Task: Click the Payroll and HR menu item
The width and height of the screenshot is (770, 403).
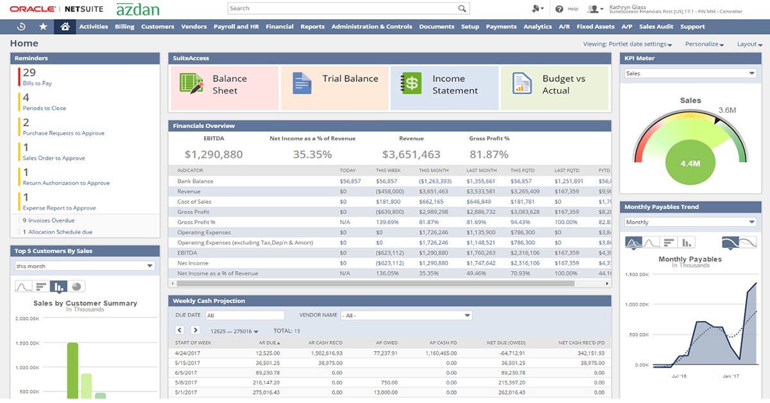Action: (235, 27)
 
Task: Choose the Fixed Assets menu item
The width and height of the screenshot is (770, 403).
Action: (595, 27)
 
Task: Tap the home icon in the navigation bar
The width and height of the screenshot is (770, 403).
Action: (63, 27)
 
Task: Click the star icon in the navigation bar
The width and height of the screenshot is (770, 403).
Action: (43, 27)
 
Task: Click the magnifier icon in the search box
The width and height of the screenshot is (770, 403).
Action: (462, 8)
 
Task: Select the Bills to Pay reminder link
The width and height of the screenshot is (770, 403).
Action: (37, 83)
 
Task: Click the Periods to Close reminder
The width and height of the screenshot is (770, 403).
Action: (44, 108)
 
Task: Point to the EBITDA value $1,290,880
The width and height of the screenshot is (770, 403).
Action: (214, 154)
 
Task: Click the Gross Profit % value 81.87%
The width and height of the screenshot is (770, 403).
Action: (489, 154)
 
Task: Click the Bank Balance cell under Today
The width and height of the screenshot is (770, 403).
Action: (350, 181)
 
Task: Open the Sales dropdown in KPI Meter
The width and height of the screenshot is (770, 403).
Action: (690, 74)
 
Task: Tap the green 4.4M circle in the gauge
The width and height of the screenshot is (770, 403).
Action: (690, 163)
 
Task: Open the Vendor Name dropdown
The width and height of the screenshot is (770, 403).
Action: (406, 315)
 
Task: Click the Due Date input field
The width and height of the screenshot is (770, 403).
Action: (244, 315)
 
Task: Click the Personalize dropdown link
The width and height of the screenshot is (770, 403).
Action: (704, 44)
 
